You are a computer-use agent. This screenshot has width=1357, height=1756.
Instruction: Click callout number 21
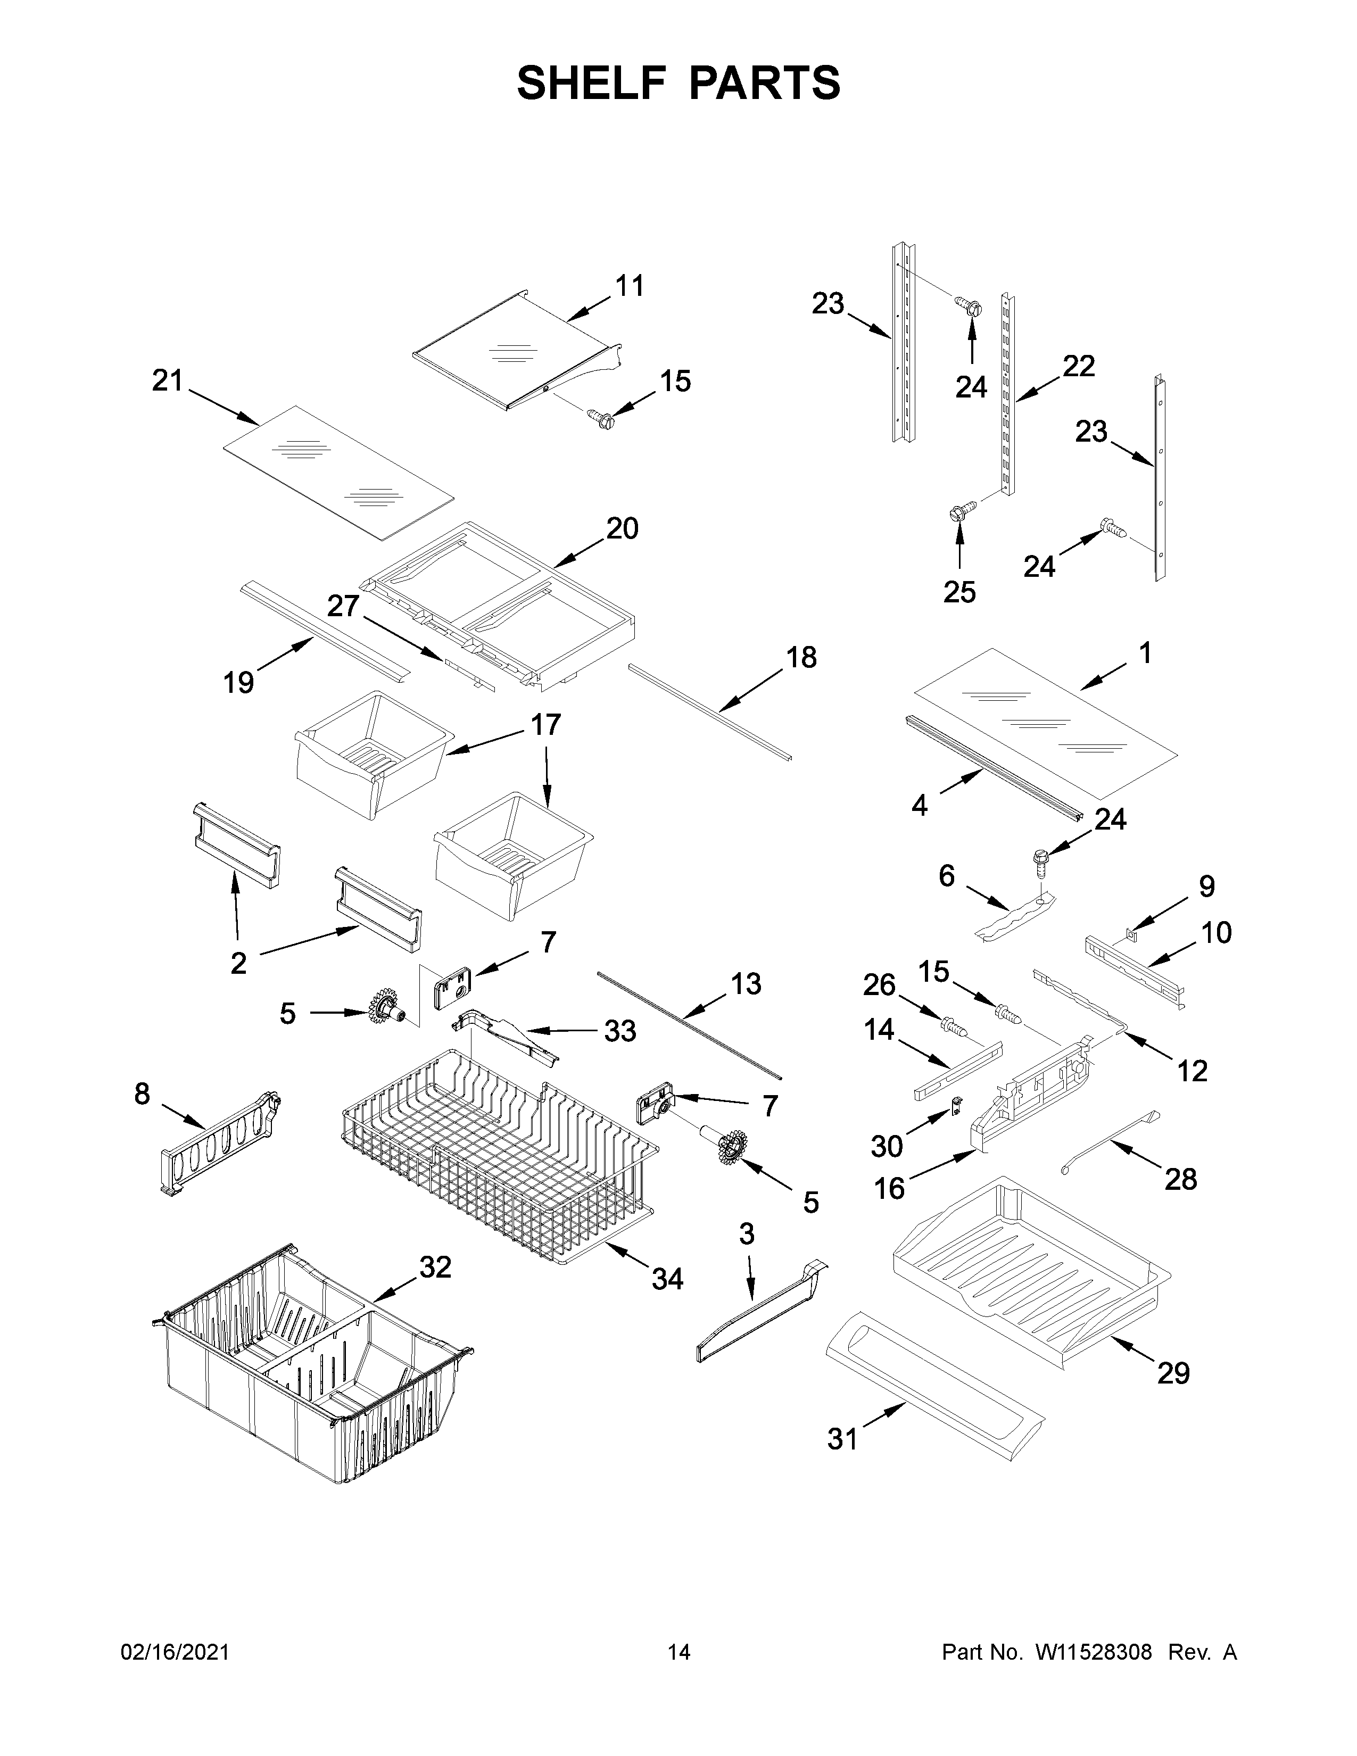tap(168, 380)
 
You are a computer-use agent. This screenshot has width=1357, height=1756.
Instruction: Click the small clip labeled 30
tap(956, 1107)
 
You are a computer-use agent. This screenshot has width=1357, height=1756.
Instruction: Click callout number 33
tap(620, 1032)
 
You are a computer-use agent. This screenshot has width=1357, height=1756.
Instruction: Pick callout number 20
tap(622, 529)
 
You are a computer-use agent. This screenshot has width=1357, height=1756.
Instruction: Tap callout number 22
tap(1078, 367)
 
